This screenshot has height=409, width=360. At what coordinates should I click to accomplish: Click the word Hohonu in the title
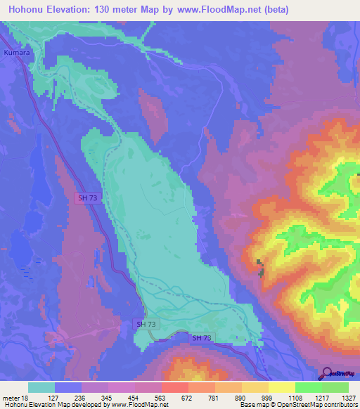pyautogui.click(x=30, y=10)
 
